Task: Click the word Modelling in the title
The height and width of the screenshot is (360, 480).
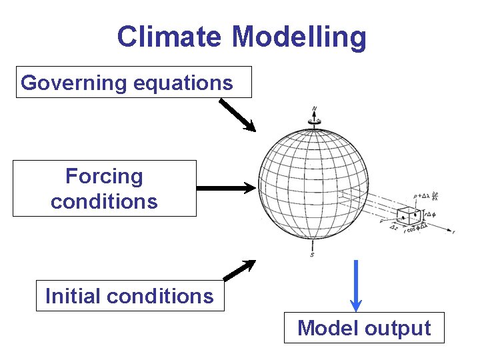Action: point(299,37)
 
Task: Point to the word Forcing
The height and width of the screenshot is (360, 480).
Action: point(104,176)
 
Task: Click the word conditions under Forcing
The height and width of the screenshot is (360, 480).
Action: point(104,201)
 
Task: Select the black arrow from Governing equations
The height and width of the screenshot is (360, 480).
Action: point(237,115)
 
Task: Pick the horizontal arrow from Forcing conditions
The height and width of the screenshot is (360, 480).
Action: point(226,189)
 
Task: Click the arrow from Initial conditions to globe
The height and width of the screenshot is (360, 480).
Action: point(239,269)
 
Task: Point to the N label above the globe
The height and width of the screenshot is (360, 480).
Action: point(314,108)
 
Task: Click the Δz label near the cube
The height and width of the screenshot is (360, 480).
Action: point(393,227)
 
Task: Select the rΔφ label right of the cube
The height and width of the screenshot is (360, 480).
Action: point(429,215)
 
